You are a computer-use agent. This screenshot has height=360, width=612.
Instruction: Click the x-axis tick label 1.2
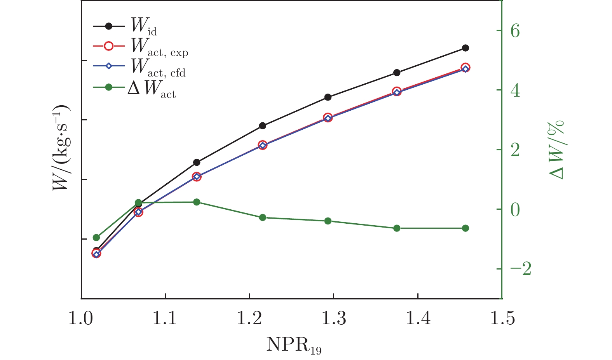249,318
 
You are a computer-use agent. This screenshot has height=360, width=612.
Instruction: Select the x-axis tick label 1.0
81,318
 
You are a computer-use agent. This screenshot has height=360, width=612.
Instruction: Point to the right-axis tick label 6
515,31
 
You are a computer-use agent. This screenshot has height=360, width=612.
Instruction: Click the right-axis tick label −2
520,269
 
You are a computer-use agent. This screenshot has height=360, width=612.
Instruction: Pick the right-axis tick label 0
515,209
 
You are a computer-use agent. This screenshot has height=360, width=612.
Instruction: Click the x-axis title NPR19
294,345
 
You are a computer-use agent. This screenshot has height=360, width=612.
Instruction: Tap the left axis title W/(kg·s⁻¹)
61,148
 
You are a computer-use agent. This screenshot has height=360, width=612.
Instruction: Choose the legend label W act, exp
159,47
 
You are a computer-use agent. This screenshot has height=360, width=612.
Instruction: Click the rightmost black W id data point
466,48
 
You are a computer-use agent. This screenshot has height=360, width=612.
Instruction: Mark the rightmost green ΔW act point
466,228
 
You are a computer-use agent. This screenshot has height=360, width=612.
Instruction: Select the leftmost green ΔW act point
96,238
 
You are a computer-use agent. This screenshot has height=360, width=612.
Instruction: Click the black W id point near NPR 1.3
328,97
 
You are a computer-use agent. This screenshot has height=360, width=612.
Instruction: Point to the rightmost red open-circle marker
466,68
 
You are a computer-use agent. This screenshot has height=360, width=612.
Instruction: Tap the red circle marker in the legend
109,46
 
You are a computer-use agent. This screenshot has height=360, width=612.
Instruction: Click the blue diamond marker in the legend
109,66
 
